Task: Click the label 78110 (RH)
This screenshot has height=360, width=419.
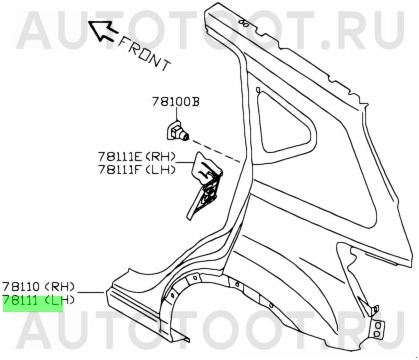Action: [x=33, y=285]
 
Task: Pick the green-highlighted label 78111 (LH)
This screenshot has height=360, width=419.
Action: [x=33, y=299]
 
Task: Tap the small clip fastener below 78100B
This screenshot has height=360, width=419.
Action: [x=175, y=129]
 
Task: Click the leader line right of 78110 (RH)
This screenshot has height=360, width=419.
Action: [x=87, y=291]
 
